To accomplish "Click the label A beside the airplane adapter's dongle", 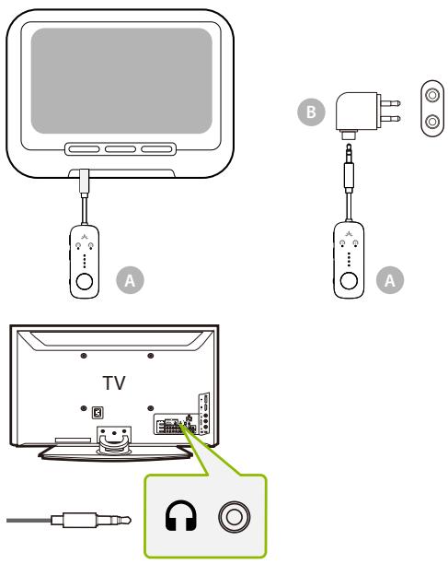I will click(392, 277).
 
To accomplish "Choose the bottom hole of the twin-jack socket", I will click(430, 120).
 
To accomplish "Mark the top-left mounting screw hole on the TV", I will click(83, 356).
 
